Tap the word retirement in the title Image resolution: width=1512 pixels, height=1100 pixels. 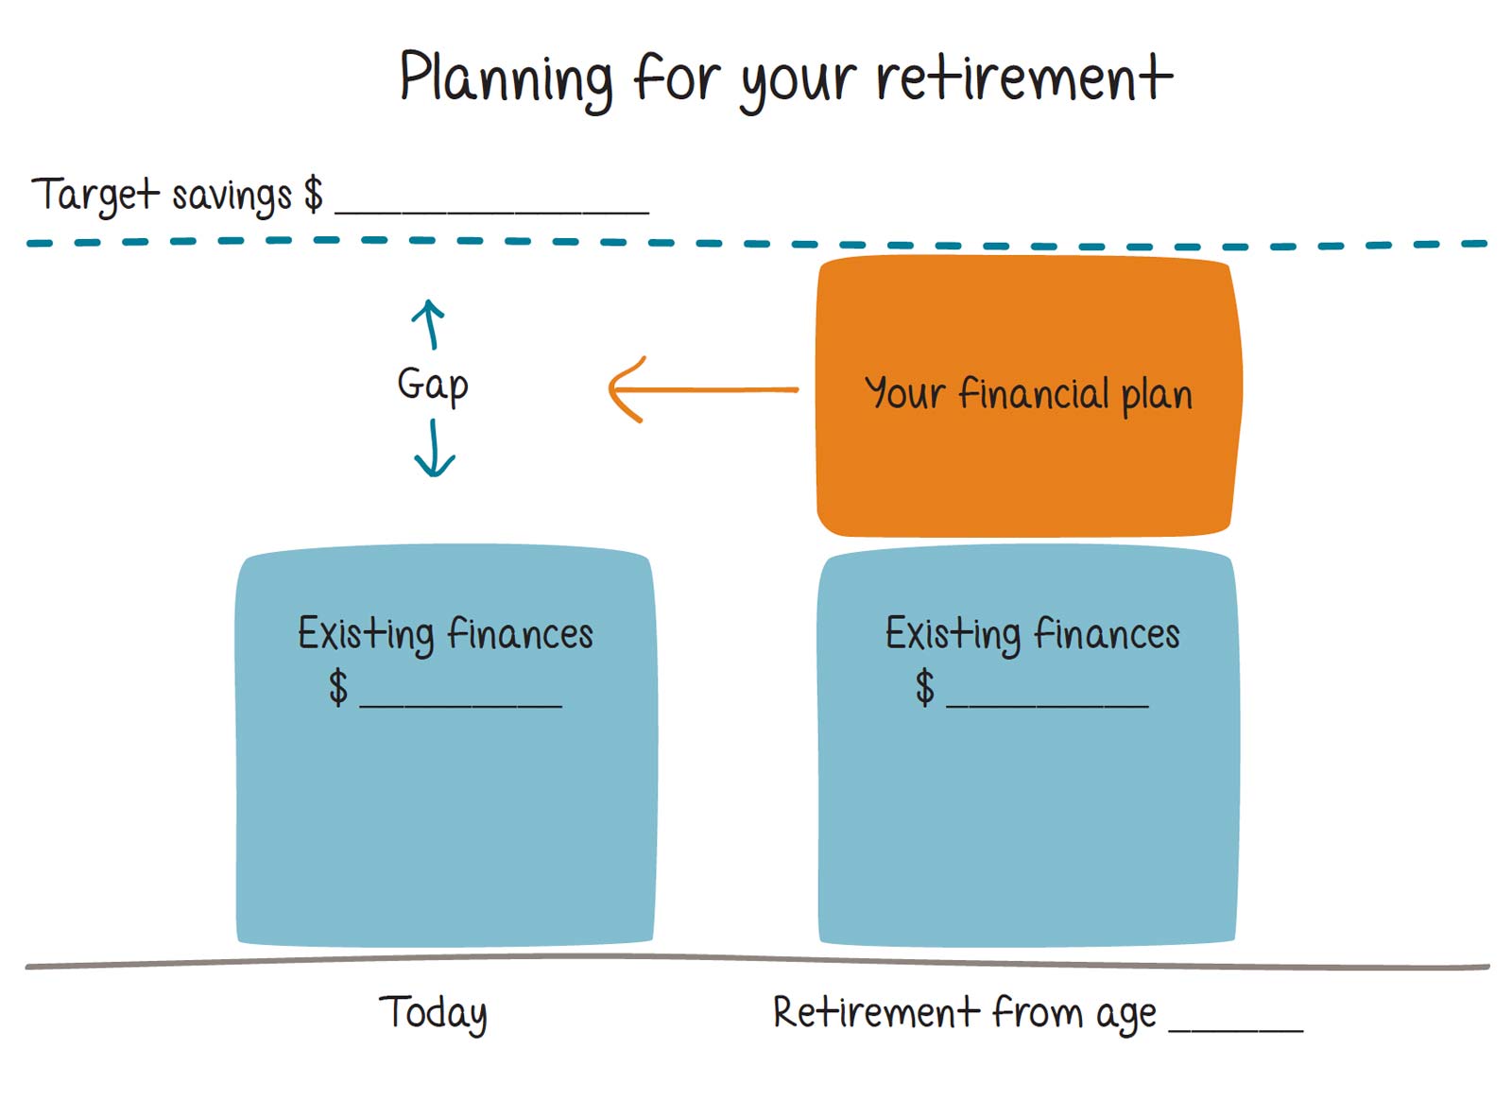pos(1024,77)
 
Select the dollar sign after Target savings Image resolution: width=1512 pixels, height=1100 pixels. pos(313,194)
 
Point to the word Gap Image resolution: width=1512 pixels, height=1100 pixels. pos(433,385)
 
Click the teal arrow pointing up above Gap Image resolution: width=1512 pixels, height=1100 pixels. pos(429,324)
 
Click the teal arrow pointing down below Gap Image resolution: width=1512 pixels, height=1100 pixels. pos(434,449)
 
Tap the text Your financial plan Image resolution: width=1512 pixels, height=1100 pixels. pos(1028,393)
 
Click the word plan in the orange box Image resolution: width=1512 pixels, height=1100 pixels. pos(1157,395)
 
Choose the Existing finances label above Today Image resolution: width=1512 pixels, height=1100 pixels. pos(445,633)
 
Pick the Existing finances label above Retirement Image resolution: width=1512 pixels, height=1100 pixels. pos(1032,633)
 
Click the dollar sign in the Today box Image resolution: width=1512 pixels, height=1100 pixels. pos(338,687)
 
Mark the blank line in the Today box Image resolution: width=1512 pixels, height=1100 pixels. pos(460,702)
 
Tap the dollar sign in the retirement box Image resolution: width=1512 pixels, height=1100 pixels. pos(925,687)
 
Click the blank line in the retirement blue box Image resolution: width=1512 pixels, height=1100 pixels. pos(1047,702)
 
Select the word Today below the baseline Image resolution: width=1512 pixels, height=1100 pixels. pos(433,1013)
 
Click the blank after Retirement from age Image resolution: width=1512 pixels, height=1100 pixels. pos(1235,1027)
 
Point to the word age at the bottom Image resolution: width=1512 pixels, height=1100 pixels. pos(1125,1015)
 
